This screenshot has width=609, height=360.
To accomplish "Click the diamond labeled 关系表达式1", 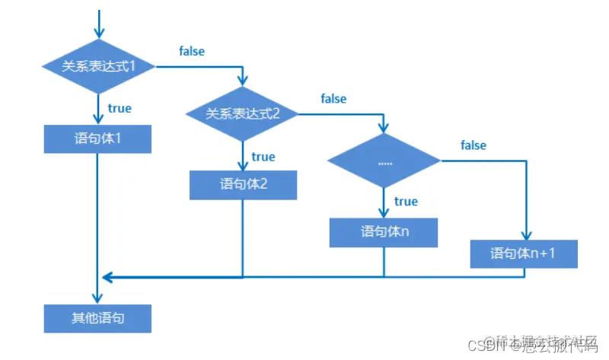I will (x=98, y=66).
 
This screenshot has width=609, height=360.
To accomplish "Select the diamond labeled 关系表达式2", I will (x=243, y=114).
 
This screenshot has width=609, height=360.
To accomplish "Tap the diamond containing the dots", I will (x=384, y=161).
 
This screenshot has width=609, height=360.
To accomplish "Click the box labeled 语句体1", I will (x=98, y=139).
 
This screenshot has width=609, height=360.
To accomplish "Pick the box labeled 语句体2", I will (x=243, y=184).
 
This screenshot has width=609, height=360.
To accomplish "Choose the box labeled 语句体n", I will (x=384, y=231).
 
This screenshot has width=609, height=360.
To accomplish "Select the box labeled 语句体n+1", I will (x=524, y=253).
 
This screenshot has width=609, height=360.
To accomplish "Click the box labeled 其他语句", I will (x=98, y=317).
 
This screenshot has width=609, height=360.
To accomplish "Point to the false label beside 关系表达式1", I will (x=192, y=51).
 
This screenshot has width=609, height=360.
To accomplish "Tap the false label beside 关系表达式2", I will (x=333, y=98).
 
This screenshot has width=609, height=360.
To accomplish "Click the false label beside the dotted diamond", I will (x=473, y=145).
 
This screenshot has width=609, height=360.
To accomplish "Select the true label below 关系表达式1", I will (x=120, y=108).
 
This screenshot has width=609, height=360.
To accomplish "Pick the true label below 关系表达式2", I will (x=263, y=156).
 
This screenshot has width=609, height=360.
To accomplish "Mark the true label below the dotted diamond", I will (x=406, y=201).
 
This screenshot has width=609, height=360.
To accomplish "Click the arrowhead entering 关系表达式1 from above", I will (x=98, y=33).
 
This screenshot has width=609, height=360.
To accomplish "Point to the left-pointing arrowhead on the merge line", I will (x=107, y=276).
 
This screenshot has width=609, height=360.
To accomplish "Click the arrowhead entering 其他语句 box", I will (x=98, y=298).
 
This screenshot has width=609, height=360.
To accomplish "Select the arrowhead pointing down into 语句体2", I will (x=243, y=165).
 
